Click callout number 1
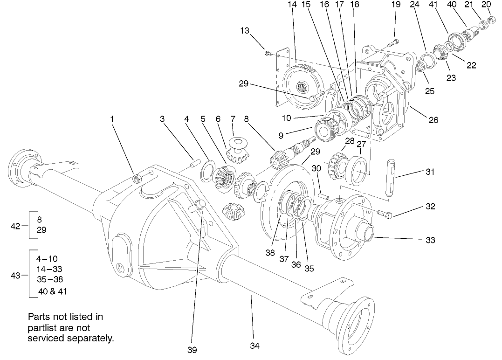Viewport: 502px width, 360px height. (x=112, y=119)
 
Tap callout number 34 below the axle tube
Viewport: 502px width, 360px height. (x=254, y=346)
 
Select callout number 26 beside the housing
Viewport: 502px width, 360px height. (x=433, y=120)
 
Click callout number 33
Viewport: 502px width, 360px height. (x=430, y=240)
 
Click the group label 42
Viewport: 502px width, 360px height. (x=15, y=226)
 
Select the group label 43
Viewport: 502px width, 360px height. (x=15, y=276)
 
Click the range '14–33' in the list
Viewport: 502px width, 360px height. (x=49, y=269)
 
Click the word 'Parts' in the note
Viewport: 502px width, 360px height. (x=40, y=317)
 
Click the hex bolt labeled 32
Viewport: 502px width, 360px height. (x=384, y=214)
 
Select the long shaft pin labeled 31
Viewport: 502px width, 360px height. (x=391, y=177)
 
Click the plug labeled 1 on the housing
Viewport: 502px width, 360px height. (x=137, y=178)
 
